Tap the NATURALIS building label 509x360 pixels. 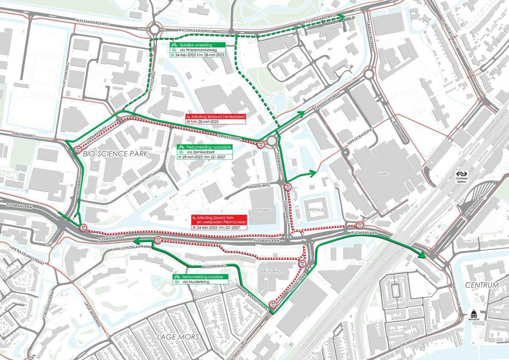(x=263, y=210)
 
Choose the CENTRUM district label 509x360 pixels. (x=481, y=285)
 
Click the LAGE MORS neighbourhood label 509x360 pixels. (x=178, y=337)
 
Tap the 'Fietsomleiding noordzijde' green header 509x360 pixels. (x=203, y=146)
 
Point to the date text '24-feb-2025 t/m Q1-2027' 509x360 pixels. (x=219, y=228)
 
